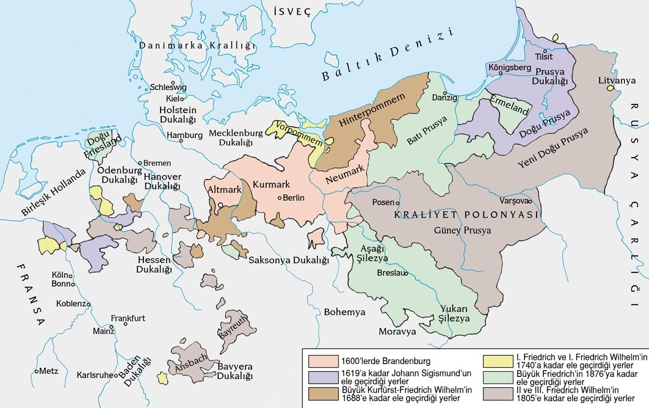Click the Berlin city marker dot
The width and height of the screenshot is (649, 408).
[280, 197]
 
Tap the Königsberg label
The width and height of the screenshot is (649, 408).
[510, 67]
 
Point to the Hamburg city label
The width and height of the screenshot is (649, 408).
[184, 135]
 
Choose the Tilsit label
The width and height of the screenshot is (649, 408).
[543, 56]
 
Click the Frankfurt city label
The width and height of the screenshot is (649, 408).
[128, 318]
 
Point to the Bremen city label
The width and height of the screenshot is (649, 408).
[157, 163]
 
